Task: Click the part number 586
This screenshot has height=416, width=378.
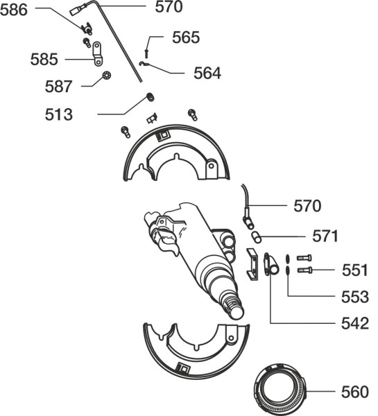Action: [14, 10]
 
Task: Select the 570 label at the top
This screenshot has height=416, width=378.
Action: [169, 7]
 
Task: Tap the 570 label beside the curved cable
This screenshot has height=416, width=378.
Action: [307, 206]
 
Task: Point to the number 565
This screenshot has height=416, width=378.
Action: [186, 37]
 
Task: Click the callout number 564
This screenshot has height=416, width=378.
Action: [207, 73]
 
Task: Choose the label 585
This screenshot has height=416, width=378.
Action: [44, 59]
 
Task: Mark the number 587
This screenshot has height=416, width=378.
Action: [58, 87]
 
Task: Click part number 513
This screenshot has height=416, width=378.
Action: [58, 114]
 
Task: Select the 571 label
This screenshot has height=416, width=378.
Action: [325, 236]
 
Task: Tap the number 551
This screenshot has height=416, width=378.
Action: [354, 270]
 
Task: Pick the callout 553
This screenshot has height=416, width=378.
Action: [355, 297]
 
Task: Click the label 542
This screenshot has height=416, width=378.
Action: [355, 323]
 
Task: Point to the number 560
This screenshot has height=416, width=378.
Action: [355, 392]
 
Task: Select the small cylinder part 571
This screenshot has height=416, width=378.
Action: [257, 236]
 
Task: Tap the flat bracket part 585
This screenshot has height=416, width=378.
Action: [97, 53]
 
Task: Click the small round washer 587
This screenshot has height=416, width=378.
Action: [106, 76]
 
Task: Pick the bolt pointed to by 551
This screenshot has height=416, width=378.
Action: [304, 270]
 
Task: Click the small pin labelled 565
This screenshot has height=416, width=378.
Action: [146, 53]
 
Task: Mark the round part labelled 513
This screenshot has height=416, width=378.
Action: [151, 97]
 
